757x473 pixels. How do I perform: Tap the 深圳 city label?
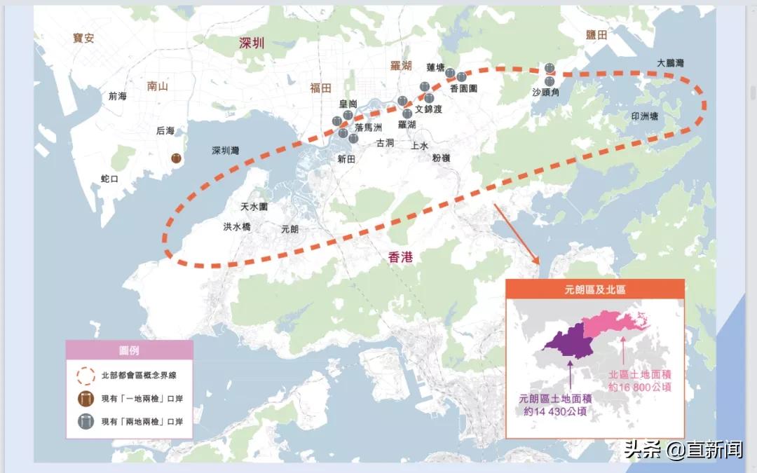click(252, 43)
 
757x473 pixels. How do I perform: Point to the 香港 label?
click(400, 257)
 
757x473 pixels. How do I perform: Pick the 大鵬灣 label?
click(670, 63)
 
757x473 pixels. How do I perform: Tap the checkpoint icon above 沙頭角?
click(550, 68)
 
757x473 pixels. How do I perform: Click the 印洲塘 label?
click(644, 116)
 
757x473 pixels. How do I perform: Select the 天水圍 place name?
click(254, 207)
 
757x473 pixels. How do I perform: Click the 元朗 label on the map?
click(289, 228)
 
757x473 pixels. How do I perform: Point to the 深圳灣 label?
click(226, 151)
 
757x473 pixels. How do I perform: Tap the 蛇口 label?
click(110, 179)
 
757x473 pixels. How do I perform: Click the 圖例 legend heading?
click(129, 350)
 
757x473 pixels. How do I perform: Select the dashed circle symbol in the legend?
click(86, 375)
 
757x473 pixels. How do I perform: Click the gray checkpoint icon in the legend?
click(86, 422)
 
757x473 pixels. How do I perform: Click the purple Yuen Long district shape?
click(568, 341)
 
